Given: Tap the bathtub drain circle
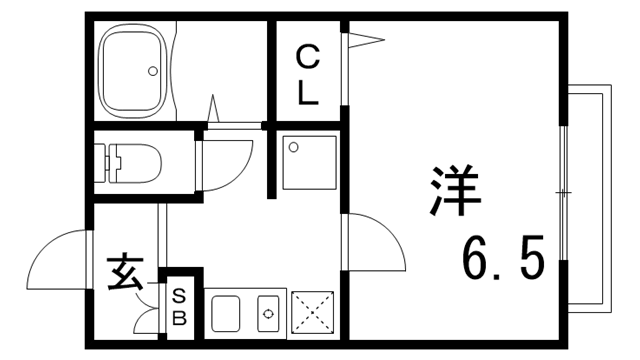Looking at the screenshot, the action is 153,71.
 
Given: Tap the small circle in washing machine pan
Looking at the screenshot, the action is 293,148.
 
